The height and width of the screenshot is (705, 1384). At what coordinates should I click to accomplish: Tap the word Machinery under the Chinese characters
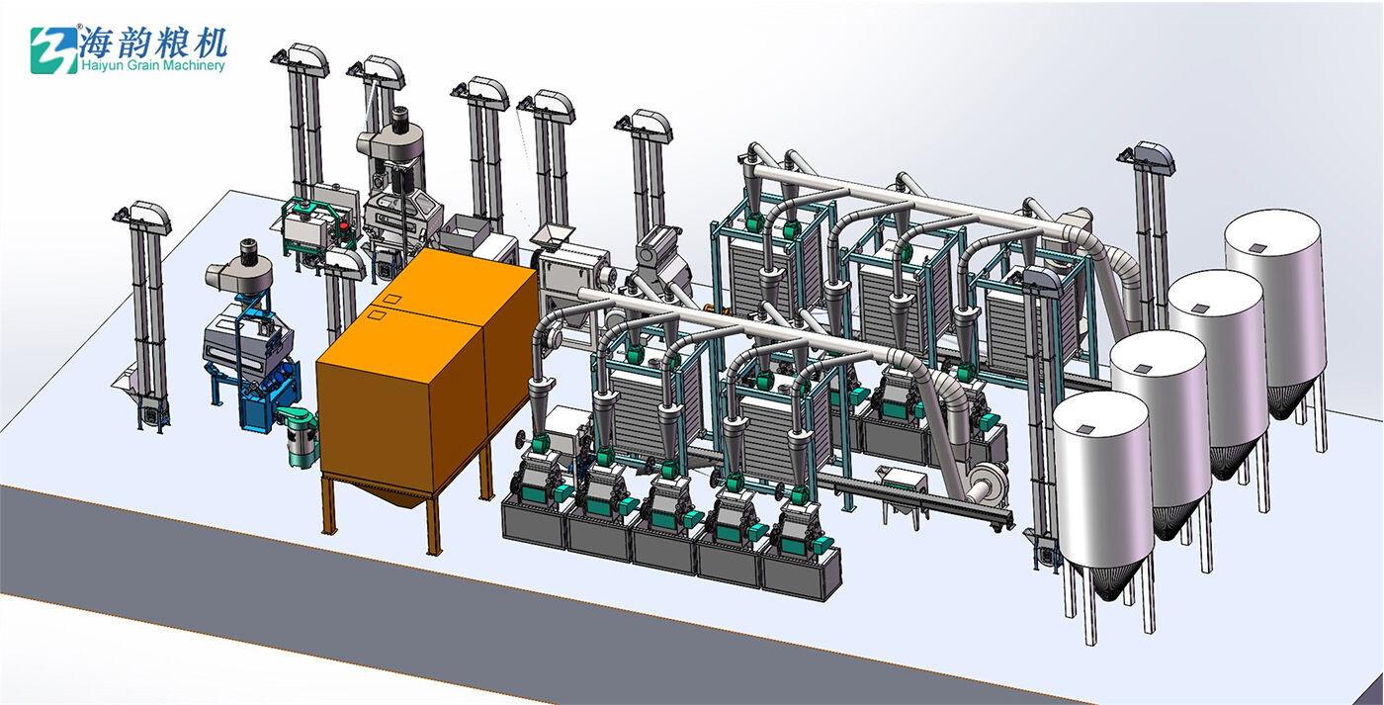pos(198,66)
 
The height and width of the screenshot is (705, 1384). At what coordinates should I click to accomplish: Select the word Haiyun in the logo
pos(108,66)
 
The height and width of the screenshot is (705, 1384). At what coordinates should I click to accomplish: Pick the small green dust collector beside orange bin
pos(300,436)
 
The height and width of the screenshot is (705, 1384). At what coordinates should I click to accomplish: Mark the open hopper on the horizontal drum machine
pos(554,235)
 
